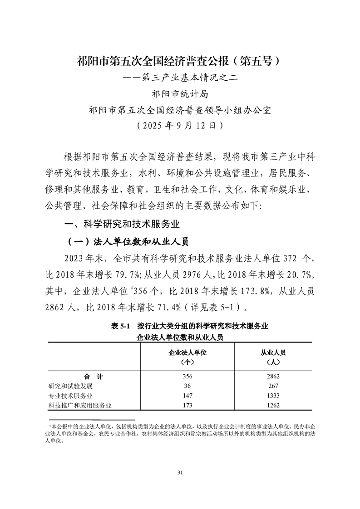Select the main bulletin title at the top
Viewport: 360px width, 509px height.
pyautogui.click(x=180, y=61)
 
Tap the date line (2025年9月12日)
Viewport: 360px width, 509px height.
pyautogui.click(x=180, y=125)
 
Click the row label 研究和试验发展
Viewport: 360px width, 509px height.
pyautogui.click(x=70, y=386)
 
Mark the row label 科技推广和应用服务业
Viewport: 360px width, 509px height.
pyautogui.click(x=80, y=405)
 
